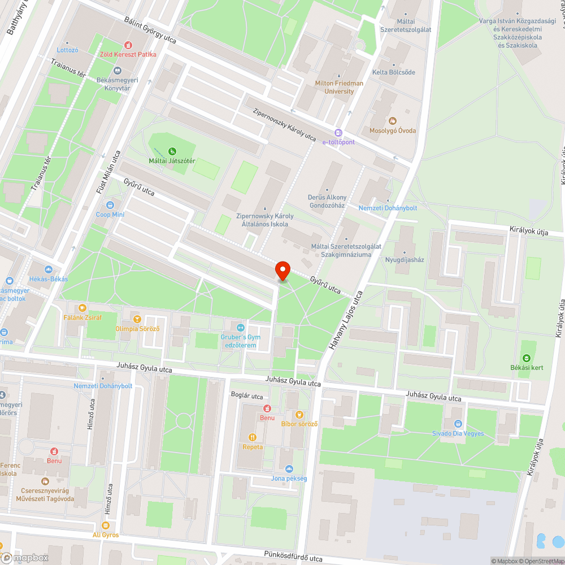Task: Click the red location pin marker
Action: point(282,271)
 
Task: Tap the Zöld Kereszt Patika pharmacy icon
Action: point(128,45)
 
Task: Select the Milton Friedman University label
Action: point(339,87)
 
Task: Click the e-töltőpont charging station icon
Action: point(338,132)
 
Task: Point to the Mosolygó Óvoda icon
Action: point(393,120)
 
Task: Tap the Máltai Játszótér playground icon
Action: point(172,151)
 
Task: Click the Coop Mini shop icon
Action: point(110,205)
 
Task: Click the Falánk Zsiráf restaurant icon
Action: point(82,308)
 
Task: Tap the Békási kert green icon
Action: point(527,358)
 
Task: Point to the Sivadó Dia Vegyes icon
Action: point(458,424)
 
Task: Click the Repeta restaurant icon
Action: point(253,437)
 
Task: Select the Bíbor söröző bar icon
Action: point(299,414)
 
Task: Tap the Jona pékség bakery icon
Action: point(289,468)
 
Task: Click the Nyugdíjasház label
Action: point(404,260)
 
